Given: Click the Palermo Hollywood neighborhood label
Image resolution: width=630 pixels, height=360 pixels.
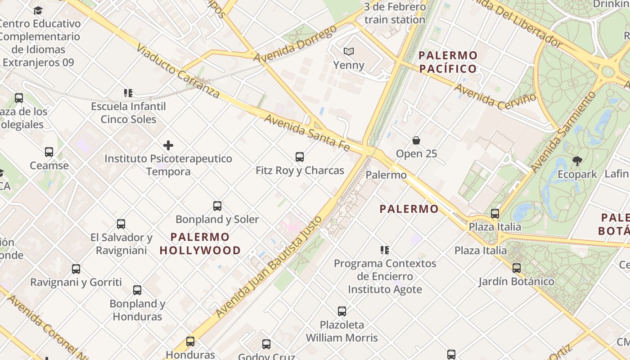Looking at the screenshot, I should [x=200, y=243].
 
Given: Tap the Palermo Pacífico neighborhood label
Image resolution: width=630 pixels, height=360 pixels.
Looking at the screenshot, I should [x=448, y=62].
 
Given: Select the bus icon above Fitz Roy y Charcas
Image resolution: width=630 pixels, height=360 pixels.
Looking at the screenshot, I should [x=300, y=157].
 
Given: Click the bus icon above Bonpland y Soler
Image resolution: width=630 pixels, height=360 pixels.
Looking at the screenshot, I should [x=217, y=206].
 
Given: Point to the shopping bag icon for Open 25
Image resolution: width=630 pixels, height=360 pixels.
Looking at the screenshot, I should [x=416, y=140].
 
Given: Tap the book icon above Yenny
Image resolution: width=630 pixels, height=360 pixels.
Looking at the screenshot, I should [x=349, y=52].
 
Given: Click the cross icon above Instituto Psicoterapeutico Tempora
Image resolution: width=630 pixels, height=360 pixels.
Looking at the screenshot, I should [x=168, y=145].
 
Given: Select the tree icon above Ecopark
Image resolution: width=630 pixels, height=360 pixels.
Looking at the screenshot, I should [x=577, y=161].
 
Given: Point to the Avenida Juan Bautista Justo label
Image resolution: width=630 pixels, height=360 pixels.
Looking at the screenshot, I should [x=269, y=267].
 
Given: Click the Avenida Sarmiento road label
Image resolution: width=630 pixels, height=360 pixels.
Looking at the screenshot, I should [x=563, y=131].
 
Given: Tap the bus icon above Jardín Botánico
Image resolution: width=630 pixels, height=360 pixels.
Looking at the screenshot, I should [x=517, y=268].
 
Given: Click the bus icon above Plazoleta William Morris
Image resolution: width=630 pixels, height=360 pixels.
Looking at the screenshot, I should [x=342, y=311].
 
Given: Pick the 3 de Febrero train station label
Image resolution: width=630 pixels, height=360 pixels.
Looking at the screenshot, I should [x=395, y=13].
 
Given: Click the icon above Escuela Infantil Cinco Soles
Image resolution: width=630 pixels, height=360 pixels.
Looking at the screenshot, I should [x=128, y=93].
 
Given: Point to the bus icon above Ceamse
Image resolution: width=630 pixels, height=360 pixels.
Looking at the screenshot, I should [x=49, y=152].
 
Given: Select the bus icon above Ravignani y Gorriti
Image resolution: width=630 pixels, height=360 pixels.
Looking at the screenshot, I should [x=76, y=269].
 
